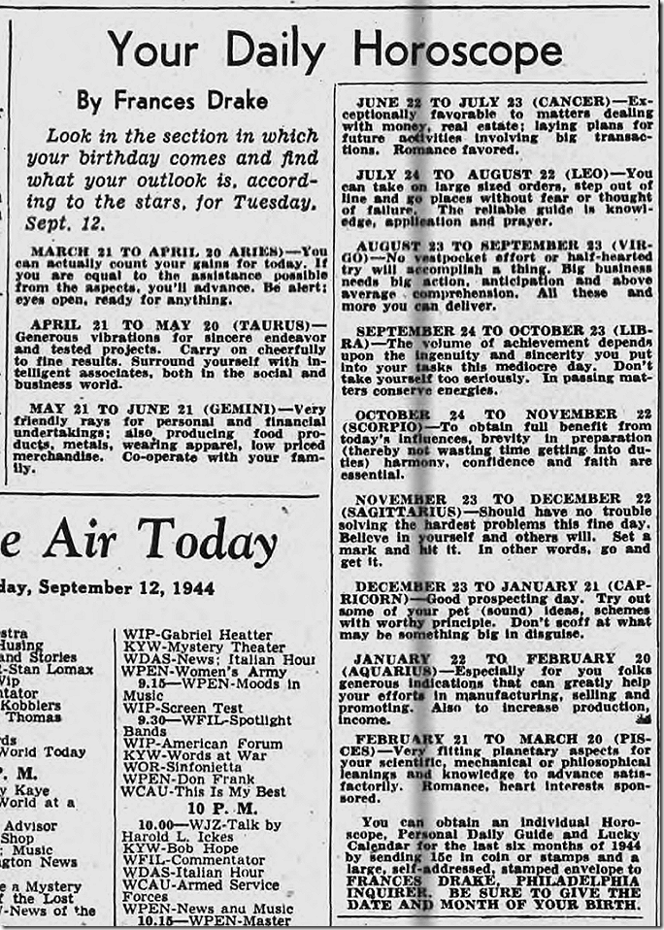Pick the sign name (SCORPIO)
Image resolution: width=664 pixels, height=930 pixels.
click(383, 427)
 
